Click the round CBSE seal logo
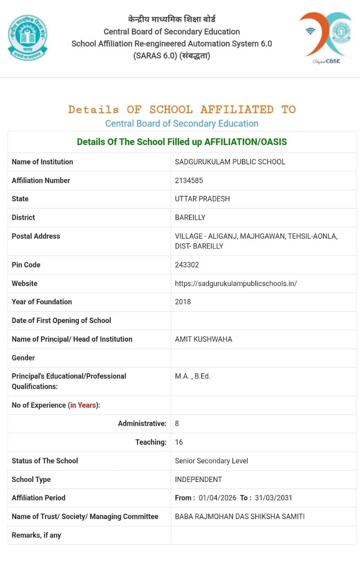click(27, 38)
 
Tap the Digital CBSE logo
click(326, 38)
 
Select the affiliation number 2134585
click(189, 180)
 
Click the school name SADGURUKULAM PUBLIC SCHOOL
click(230, 162)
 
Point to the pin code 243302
click(187, 265)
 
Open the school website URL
click(236, 283)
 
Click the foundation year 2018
click(183, 302)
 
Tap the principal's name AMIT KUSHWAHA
click(203, 339)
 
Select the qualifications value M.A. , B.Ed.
click(192, 376)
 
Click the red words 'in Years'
click(83, 405)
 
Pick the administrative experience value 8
click(177, 424)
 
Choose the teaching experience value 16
click(179, 442)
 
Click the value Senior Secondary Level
click(211, 461)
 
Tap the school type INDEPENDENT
click(198, 479)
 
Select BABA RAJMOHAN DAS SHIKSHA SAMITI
click(240, 516)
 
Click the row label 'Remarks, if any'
click(36, 535)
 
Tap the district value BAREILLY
click(190, 218)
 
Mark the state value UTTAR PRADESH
click(202, 199)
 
